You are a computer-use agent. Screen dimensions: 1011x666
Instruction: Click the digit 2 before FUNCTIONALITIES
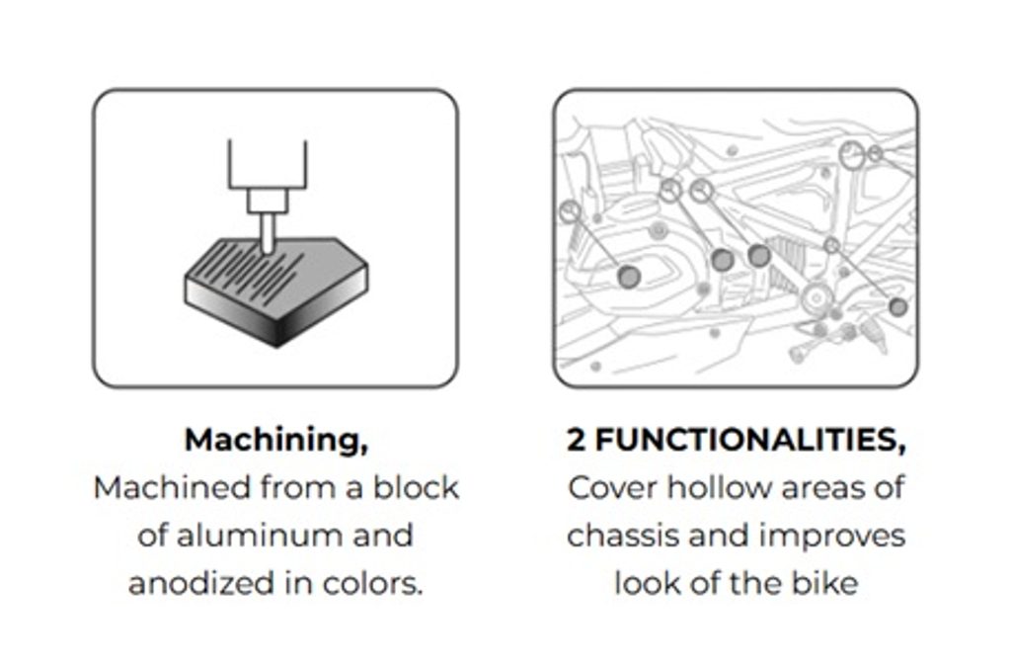point(577,440)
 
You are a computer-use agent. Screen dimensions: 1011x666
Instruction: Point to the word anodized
point(202,583)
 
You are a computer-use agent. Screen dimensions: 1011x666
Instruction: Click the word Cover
point(612,488)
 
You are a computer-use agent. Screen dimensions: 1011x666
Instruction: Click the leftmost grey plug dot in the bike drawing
point(629,277)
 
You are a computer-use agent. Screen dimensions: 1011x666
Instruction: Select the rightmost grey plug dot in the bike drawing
point(897,306)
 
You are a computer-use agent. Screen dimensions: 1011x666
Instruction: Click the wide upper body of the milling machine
point(267,165)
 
